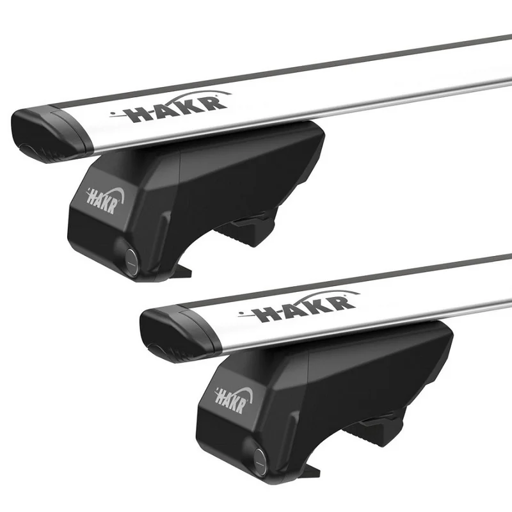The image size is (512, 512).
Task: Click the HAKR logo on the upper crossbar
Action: point(170,107)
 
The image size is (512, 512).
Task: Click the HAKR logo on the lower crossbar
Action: point(299,306)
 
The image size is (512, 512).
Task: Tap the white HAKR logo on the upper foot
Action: point(104,201)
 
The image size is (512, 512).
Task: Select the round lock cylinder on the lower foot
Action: point(260,461)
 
